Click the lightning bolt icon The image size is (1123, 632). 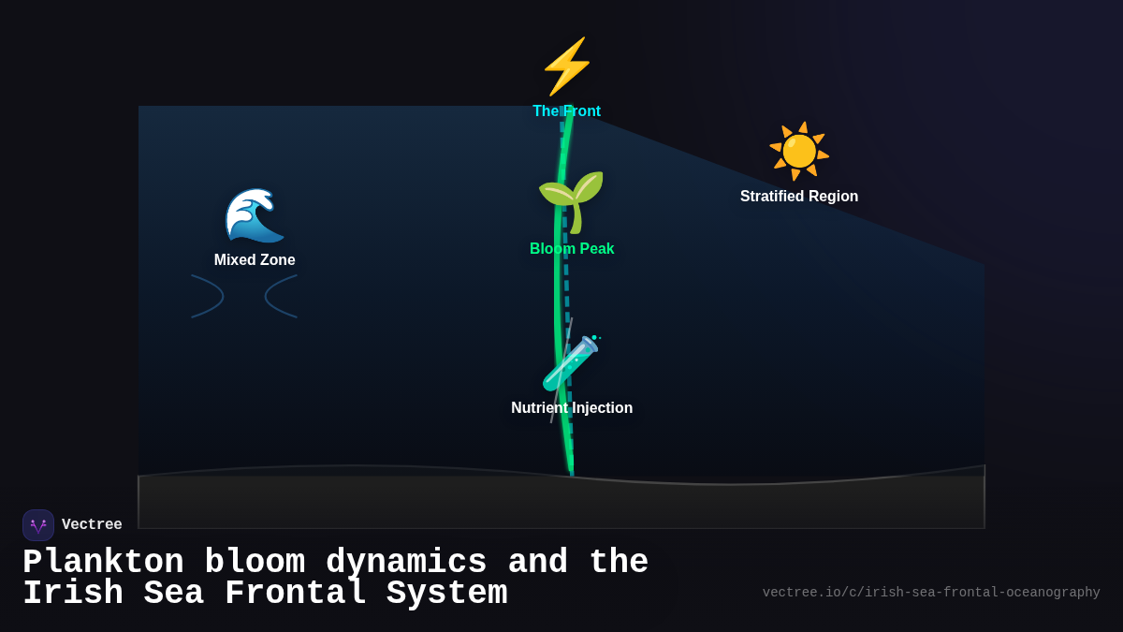[567, 66]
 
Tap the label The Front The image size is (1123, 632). [566, 111]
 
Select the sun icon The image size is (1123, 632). [799, 151]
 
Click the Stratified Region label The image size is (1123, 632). [799, 197]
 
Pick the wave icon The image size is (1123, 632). [254, 215]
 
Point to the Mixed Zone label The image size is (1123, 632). [255, 260]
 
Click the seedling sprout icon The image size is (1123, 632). [571, 200]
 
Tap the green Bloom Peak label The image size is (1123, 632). [572, 249]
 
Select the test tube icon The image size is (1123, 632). [571, 363]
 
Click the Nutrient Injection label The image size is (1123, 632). [572, 408]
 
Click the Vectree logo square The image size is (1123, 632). [38, 525]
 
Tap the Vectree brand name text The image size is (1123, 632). [92, 525]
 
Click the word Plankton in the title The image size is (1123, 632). [103, 563]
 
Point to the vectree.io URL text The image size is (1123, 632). [931, 593]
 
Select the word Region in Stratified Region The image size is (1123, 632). [831, 197]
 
